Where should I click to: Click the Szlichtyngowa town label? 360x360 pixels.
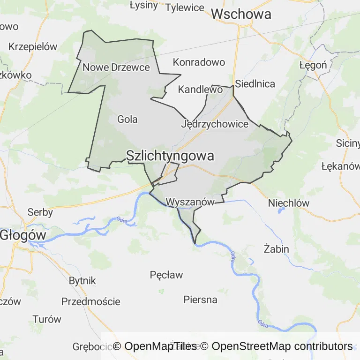(170, 156)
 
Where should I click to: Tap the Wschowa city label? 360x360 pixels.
(241, 14)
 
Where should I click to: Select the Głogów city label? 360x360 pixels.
(22, 235)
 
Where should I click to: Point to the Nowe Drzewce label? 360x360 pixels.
(116, 67)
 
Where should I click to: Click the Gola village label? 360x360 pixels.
(127, 120)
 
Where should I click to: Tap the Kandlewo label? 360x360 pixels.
(200, 89)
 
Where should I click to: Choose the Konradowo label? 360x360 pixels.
(199, 62)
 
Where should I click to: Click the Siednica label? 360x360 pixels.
(255, 84)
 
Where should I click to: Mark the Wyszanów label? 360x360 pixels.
(190, 202)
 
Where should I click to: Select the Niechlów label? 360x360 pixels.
(289, 203)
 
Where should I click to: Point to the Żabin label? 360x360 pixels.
(276, 249)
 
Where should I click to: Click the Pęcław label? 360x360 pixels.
(166, 275)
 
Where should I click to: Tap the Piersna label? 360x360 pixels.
(200, 300)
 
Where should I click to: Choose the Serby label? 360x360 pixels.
(40, 212)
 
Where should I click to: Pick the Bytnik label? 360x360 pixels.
(82, 281)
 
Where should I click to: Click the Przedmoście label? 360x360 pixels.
(90, 301)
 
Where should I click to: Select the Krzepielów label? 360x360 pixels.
(33, 47)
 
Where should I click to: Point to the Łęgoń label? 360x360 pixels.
(313, 65)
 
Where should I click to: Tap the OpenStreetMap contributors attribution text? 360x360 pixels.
(282, 346)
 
